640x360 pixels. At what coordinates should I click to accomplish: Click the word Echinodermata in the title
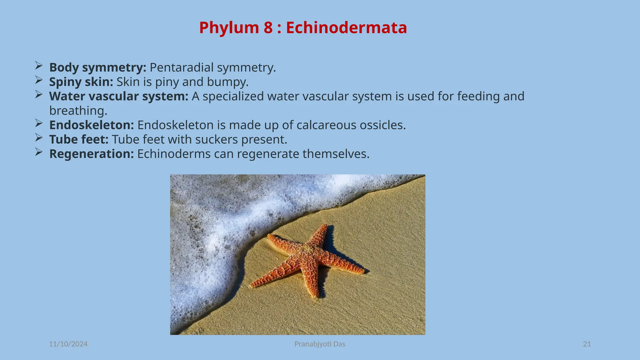pos(346,27)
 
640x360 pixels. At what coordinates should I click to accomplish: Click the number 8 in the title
pos(268,27)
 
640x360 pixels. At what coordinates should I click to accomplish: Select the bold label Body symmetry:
pos(97,67)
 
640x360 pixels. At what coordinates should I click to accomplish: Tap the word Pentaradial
pos(182,67)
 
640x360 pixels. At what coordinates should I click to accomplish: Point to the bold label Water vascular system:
pos(119,96)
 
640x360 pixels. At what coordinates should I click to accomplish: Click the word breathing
pos(78,111)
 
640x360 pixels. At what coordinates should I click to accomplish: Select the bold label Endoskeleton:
pos(92,125)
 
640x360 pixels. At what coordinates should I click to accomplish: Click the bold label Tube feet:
pos(79,139)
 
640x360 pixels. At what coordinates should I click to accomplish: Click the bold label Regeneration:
pos(92,154)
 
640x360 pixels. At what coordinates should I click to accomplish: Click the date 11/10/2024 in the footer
pos(68,344)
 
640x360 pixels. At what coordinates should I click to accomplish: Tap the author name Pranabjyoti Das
pos(320,344)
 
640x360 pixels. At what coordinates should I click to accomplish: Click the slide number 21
pos(587,344)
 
